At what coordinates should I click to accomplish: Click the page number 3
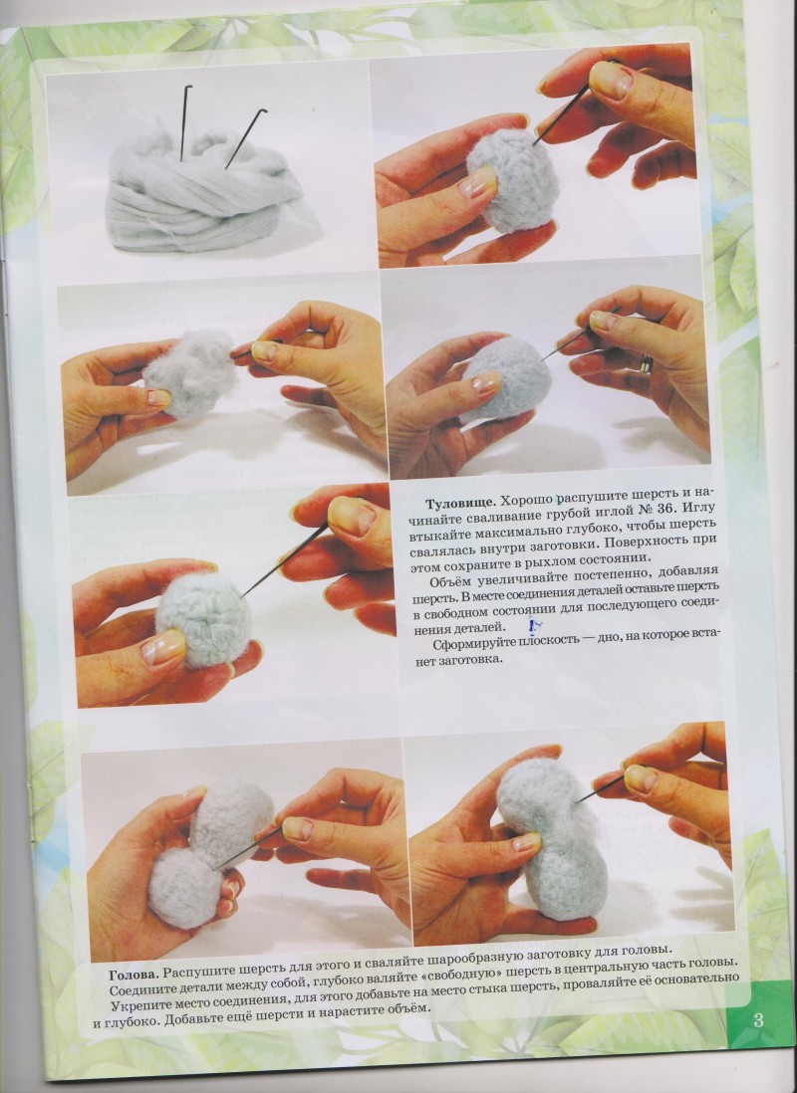(758, 1020)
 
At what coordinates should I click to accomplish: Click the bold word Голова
(134, 974)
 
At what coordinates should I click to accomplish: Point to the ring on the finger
(647, 363)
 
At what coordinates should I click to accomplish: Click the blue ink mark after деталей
(536, 627)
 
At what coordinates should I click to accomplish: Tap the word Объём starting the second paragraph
(447, 582)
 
